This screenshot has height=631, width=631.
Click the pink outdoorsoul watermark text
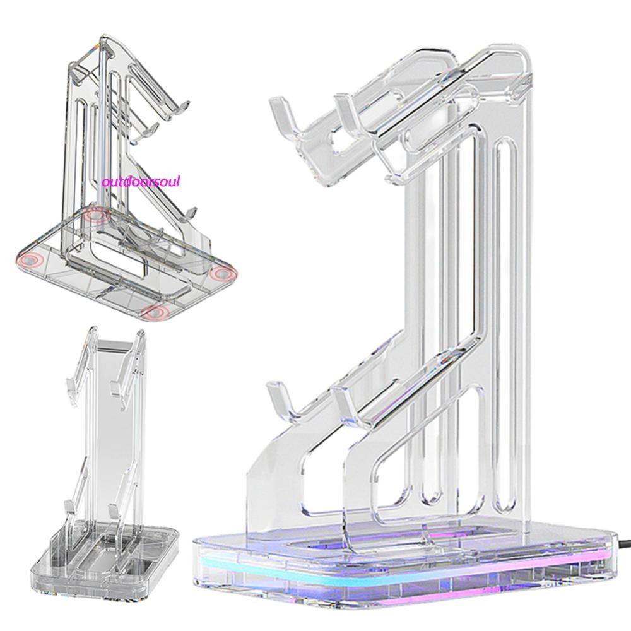(141, 182)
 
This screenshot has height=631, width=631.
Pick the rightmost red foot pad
(222, 273)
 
